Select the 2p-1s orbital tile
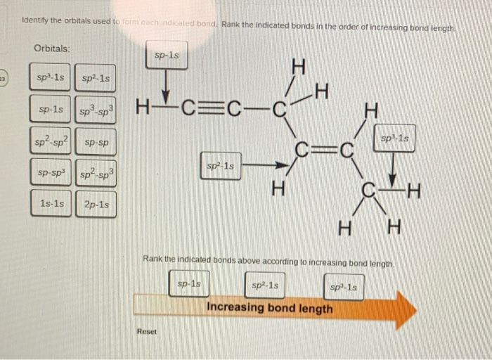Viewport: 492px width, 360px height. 96,205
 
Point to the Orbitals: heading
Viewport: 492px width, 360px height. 52,48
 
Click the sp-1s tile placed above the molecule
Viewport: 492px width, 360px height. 167,54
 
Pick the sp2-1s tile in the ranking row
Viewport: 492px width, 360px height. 265,285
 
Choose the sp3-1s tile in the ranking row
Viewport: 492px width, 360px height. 344,287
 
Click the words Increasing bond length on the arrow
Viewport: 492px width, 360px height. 270,309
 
